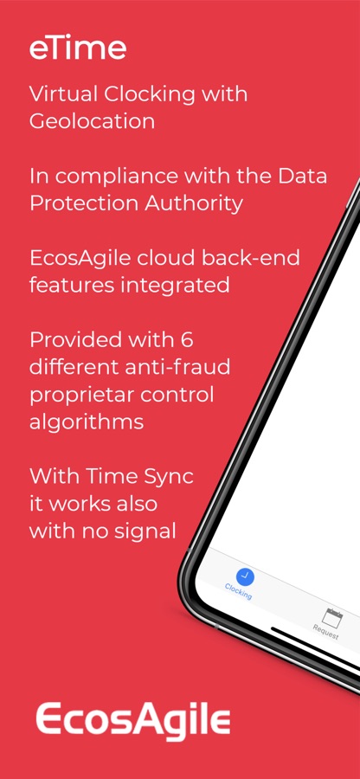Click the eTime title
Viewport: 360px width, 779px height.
[78, 48]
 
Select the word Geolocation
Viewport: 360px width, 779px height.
[92, 121]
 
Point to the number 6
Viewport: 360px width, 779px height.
[187, 340]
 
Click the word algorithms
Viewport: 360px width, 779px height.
[87, 422]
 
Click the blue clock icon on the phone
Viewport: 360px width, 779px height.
[245, 577]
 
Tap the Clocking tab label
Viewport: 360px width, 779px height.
[238, 591]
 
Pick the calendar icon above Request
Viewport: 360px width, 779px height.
[332, 617]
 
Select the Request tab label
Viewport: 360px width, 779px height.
[325, 632]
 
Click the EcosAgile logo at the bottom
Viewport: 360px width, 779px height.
[133, 719]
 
